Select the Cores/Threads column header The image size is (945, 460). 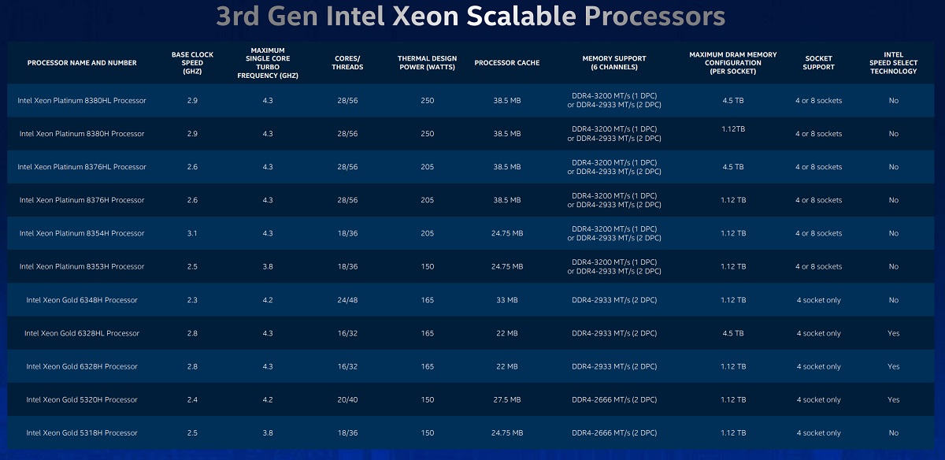click(x=346, y=63)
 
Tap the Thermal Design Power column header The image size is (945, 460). click(x=428, y=63)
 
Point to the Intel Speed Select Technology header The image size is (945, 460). click(x=893, y=63)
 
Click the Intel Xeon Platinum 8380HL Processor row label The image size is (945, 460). click(x=82, y=101)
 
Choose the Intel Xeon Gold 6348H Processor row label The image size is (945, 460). click(x=82, y=300)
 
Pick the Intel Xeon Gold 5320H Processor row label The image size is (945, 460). click(x=82, y=400)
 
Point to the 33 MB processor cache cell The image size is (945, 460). click(x=506, y=300)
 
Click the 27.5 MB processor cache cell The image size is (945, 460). click(x=506, y=400)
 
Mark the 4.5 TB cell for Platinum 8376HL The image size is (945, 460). click(x=733, y=167)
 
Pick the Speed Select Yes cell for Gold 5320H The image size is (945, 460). click(x=893, y=400)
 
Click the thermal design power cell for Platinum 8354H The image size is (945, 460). click(x=428, y=233)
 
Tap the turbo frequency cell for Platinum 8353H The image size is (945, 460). click(x=268, y=266)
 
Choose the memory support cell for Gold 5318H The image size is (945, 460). click(x=613, y=433)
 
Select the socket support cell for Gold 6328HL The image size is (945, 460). click(x=818, y=333)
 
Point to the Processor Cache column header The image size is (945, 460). click(x=506, y=63)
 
